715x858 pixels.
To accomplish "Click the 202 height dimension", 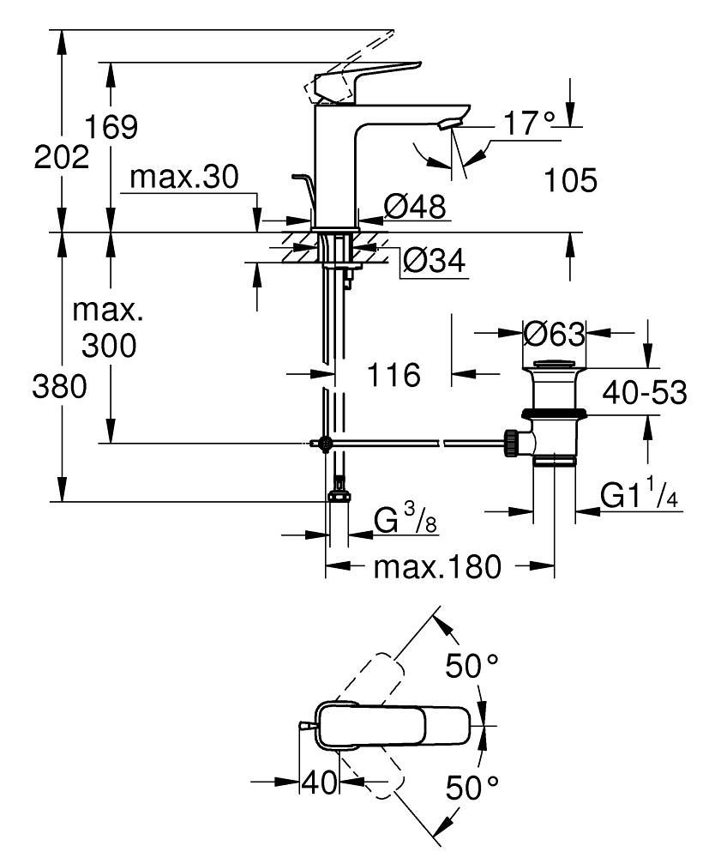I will [x=62, y=159].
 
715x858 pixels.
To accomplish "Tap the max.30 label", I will [x=183, y=178].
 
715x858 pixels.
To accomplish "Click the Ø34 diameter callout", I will [x=434, y=260].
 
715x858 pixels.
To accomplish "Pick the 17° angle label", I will [x=530, y=124].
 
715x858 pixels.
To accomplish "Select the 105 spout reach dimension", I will [x=570, y=181].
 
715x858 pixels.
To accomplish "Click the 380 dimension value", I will [x=60, y=388].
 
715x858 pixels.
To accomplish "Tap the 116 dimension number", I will [x=394, y=375].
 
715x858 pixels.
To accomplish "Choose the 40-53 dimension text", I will [x=645, y=393].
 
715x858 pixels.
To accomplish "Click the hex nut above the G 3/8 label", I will [x=339, y=497].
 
